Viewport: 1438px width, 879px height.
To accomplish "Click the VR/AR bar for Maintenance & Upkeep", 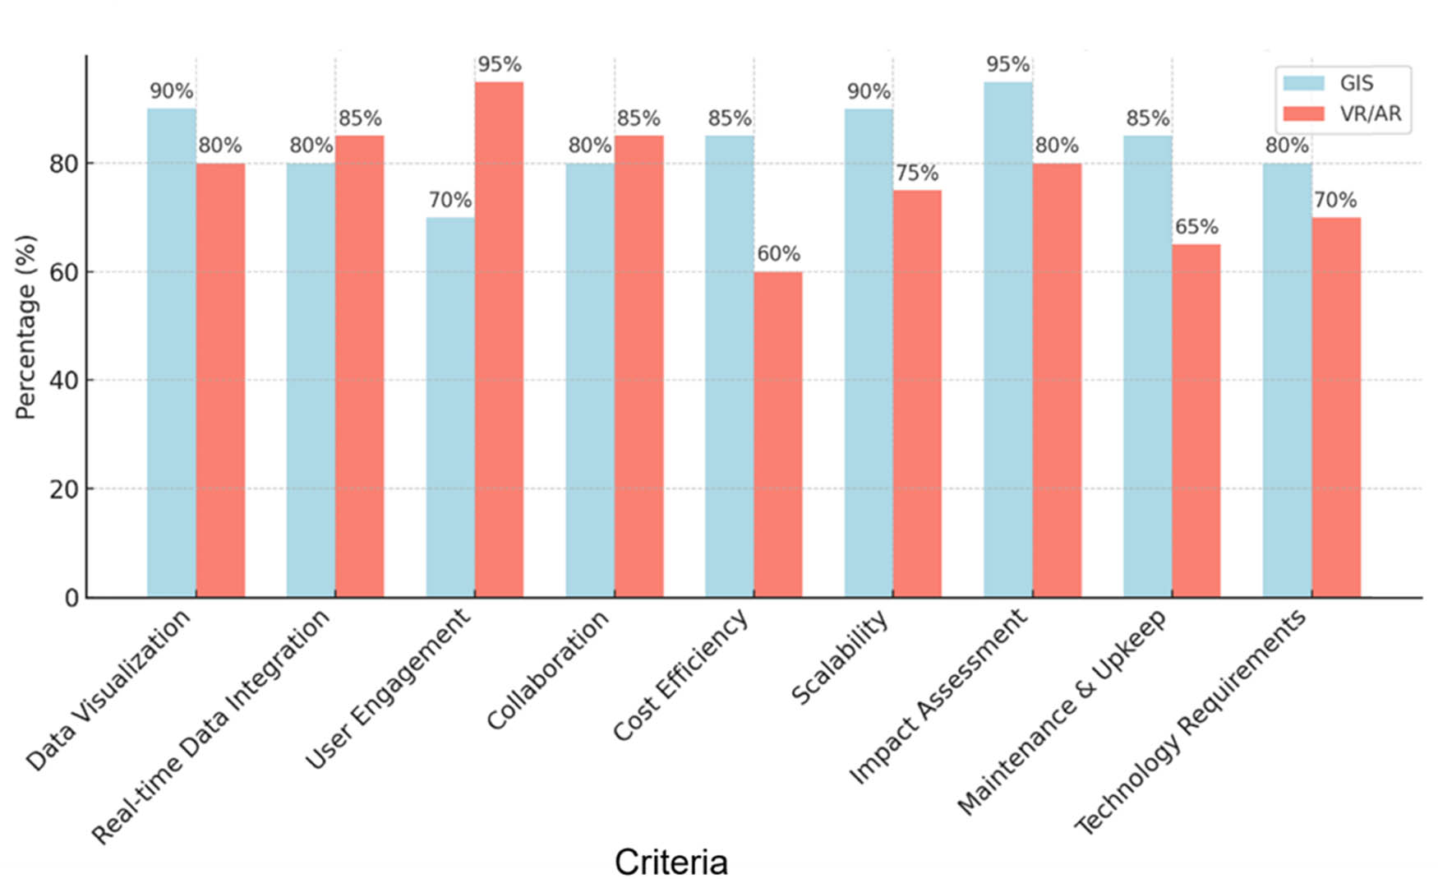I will click(x=1196, y=420).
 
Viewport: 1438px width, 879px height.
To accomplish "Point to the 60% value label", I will click(x=778, y=254).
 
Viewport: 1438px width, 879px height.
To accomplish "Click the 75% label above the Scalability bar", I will click(x=917, y=173).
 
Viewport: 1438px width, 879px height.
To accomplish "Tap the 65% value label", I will click(x=1196, y=227).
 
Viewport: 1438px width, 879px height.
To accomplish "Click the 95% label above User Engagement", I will click(x=499, y=64).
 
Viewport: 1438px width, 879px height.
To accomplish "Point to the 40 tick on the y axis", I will click(x=63, y=381).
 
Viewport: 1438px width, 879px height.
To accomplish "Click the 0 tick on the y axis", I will click(x=71, y=598).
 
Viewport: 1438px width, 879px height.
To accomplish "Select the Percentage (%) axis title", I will click(x=26, y=327).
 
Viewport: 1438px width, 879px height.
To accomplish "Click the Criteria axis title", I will click(x=671, y=862).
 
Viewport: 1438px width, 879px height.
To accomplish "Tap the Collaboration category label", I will click(x=547, y=671).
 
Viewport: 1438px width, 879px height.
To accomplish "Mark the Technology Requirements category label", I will click(x=1190, y=722).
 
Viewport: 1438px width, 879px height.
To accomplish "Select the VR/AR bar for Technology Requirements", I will click(x=1335, y=407).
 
